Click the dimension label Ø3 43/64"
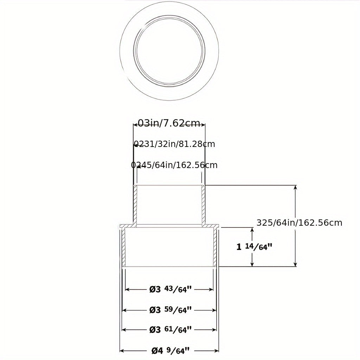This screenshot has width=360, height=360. pos(171,289)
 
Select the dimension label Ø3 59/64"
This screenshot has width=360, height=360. pos(171,310)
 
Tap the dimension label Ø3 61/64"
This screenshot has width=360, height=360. pos(171,330)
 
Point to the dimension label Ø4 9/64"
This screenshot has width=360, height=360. pos(171,351)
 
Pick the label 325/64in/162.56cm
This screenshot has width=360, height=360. pos(299,223)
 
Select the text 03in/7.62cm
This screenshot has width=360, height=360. pos(169,123)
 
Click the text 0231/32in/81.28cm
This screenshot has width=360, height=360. pos(174,144)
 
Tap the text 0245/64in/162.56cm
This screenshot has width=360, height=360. pos(174,165)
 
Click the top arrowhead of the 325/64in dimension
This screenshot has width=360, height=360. pos(295,187)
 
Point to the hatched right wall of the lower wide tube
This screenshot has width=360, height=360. pos(215,248)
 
